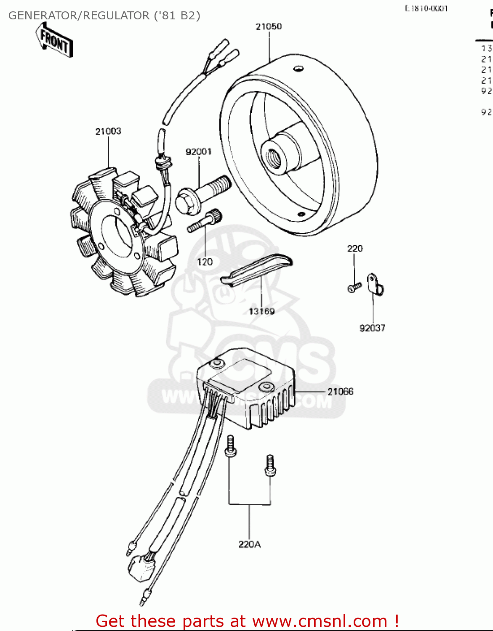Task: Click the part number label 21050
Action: click(x=269, y=27)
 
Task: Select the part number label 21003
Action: click(x=108, y=131)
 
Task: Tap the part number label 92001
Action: click(x=198, y=151)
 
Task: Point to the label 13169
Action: click(x=261, y=311)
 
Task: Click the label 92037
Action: click(x=372, y=328)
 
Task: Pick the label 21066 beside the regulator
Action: click(x=340, y=391)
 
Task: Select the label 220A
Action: click(x=249, y=544)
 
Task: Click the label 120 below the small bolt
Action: click(x=205, y=262)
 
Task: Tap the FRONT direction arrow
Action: click(x=54, y=40)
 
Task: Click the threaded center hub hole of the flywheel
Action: click(x=272, y=155)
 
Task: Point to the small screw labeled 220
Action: click(x=354, y=287)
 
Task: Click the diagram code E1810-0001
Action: click(x=426, y=8)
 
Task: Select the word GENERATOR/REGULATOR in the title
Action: click(x=78, y=16)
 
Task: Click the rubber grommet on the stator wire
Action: click(x=163, y=162)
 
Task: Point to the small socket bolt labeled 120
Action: click(x=205, y=221)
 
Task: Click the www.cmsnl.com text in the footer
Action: click(x=319, y=621)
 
